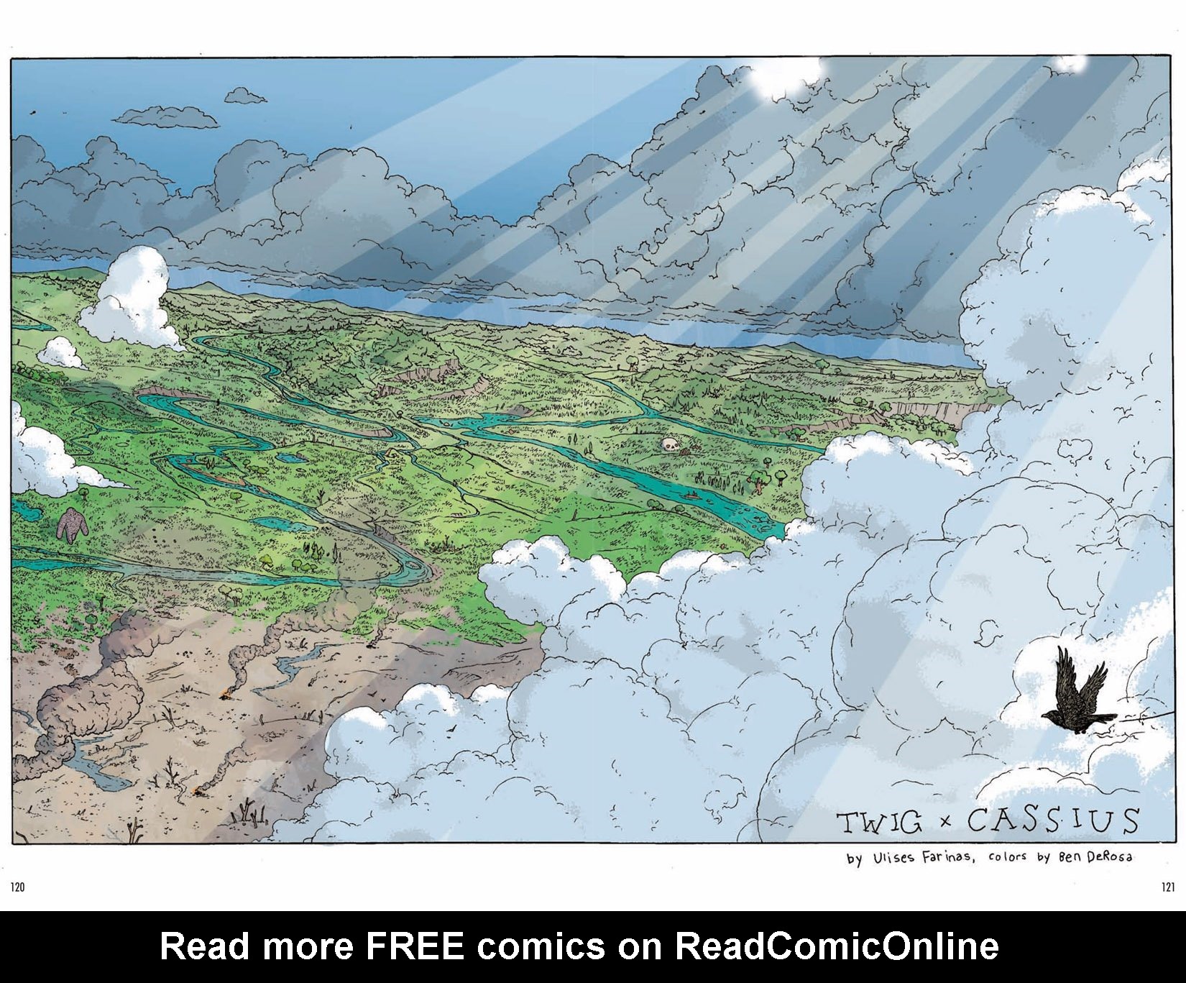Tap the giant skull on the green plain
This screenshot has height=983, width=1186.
(671, 446)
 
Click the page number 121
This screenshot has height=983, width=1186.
(1167, 887)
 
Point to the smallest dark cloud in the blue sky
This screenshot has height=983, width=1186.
(245, 95)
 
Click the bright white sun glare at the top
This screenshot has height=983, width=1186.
(787, 76)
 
